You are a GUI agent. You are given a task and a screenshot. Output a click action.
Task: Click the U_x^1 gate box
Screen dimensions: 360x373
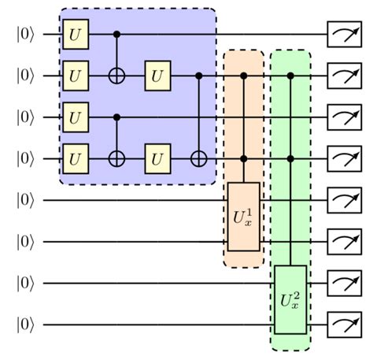243,216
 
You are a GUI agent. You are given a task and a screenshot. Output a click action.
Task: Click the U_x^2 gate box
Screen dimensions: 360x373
290,299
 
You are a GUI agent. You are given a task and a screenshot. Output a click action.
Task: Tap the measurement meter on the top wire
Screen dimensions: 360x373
342,35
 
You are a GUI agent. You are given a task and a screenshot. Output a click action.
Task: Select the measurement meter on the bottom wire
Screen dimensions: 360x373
342,324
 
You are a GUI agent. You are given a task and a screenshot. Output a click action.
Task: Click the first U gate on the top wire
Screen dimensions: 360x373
76,35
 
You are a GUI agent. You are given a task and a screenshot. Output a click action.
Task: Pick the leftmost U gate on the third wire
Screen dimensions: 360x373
76,117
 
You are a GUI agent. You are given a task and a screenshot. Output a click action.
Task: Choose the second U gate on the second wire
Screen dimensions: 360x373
158,76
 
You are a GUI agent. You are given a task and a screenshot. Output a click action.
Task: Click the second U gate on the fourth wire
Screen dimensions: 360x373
158,159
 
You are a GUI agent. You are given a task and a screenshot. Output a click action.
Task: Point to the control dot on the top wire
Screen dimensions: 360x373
117,35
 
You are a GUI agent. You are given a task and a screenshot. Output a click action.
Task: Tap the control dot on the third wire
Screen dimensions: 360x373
117,117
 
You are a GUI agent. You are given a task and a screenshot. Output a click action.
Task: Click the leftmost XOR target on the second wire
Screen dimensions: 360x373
117,76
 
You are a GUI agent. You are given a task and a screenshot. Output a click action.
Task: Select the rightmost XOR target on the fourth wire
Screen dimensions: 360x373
199,159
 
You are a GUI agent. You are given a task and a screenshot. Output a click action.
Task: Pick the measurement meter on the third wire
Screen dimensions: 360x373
342,117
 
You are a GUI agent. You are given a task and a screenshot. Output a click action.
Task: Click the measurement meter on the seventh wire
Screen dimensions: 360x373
342,283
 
